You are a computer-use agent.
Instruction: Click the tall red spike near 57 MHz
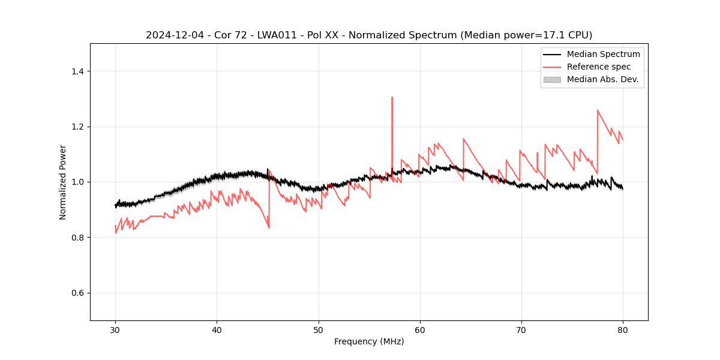[x=392, y=98]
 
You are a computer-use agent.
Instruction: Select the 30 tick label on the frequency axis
[x=115, y=329]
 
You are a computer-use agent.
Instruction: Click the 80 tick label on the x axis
[x=623, y=329]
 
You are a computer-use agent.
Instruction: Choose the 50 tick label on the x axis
[x=319, y=329]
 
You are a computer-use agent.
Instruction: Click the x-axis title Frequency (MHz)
[x=369, y=341]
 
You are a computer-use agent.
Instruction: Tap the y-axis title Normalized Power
[x=63, y=182]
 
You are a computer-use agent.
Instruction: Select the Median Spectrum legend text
[x=603, y=54]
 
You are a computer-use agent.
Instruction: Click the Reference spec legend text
[x=599, y=67]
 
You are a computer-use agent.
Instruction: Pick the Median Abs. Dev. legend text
[x=602, y=79]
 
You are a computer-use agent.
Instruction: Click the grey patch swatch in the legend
[x=552, y=79]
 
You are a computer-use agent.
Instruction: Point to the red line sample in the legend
[x=552, y=67]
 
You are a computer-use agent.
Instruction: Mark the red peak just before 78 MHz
[x=598, y=110]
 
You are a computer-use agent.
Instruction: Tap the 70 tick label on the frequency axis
[x=521, y=329]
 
